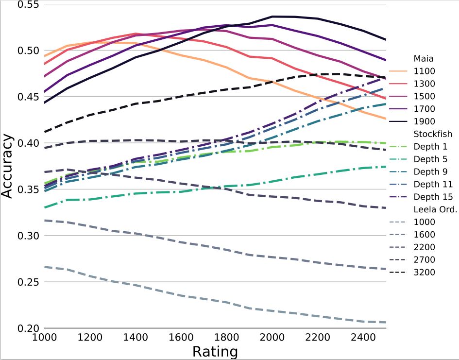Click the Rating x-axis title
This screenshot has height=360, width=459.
pos(215,351)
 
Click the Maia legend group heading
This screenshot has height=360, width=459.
pos(423,59)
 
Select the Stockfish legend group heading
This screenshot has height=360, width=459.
pos(433,134)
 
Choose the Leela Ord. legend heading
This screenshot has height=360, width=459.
pos(434,210)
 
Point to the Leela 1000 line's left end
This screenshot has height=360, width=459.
pos(44,267)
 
